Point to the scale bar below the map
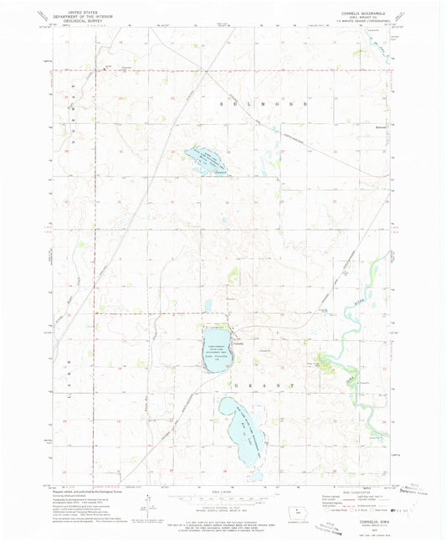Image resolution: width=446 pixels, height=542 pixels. tap(223, 499)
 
